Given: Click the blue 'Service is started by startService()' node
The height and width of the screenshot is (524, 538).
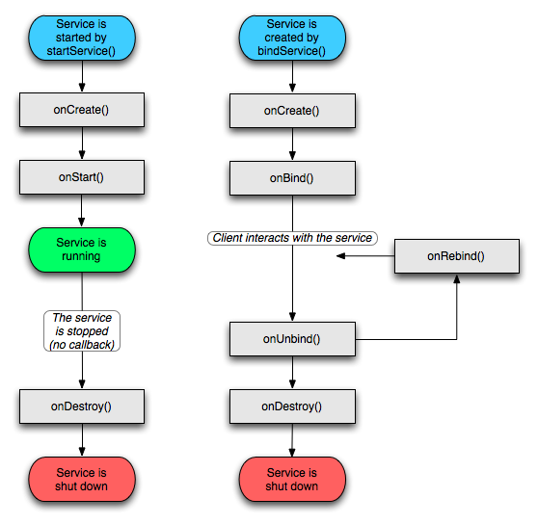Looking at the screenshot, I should click(81, 38).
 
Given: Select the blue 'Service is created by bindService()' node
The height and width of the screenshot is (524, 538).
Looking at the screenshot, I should click(292, 38).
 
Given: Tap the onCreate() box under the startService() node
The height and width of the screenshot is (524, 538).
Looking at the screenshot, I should click(82, 110).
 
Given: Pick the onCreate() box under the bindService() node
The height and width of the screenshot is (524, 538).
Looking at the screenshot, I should click(292, 111).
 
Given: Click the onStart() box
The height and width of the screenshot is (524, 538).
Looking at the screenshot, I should click(82, 177).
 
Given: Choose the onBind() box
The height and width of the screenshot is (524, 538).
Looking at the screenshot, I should click(292, 178).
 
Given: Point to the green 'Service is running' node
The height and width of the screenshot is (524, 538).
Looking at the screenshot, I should click(81, 249).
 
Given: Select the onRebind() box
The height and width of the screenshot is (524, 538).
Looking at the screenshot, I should click(456, 256).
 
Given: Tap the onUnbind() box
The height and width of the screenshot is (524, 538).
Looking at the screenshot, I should click(292, 339).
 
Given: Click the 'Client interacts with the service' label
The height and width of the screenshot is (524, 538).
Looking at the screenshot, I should click(292, 238).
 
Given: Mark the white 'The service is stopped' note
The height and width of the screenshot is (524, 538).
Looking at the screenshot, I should click(82, 330).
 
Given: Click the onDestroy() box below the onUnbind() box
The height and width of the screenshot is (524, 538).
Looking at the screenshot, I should click(292, 406).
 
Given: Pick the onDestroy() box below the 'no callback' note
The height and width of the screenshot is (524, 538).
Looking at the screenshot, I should click(82, 406).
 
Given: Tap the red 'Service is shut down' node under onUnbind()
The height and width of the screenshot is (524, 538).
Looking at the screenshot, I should click(292, 480).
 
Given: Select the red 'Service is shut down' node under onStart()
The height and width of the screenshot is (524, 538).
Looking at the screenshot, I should click(81, 480).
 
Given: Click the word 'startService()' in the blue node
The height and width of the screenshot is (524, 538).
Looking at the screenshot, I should click(81, 51).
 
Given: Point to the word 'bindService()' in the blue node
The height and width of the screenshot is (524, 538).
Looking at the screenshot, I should click(292, 51).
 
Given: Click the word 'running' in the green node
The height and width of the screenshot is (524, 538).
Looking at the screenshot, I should click(81, 256).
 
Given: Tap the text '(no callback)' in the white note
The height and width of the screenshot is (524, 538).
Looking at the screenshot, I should click(82, 344).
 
